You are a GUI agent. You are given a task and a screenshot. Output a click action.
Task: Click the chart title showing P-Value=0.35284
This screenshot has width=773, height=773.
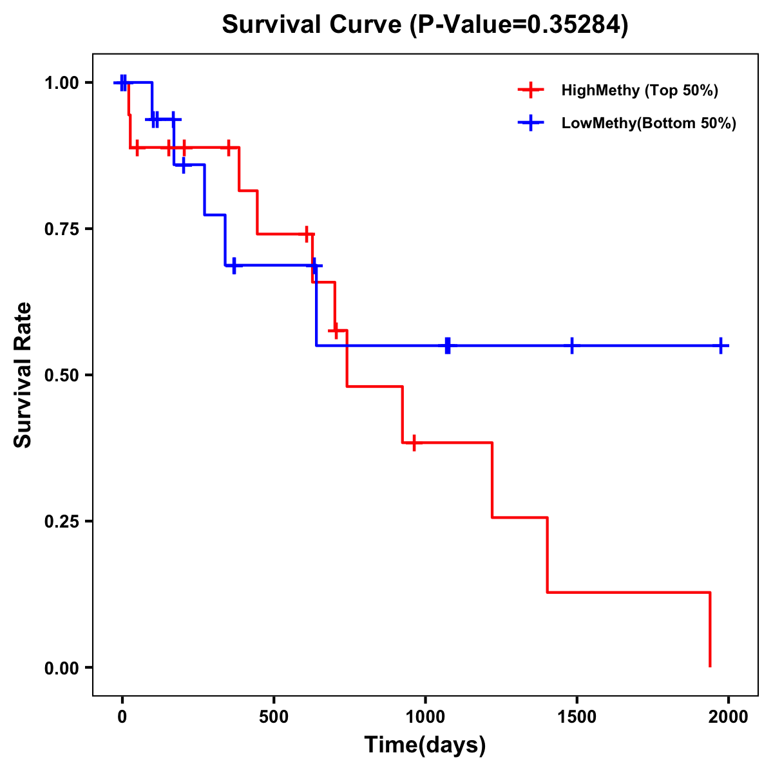point(425,25)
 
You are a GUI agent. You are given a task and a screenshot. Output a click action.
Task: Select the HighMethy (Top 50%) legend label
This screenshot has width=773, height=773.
point(640,90)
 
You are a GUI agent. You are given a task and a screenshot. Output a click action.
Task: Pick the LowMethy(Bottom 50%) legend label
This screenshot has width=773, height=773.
point(649,123)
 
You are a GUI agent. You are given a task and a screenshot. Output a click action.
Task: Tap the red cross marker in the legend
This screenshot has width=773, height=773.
point(531,90)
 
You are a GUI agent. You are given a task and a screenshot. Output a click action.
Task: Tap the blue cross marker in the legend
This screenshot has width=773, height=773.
point(531,123)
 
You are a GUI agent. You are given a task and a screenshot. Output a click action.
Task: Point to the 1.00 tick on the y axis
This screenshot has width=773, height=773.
point(61,83)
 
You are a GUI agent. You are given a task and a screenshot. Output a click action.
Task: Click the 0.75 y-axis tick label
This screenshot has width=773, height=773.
point(61,229)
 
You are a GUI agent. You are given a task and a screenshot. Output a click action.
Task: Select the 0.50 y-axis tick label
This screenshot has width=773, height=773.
point(61,376)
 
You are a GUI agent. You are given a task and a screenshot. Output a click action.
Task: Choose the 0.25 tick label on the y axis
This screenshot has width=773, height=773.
point(61,522)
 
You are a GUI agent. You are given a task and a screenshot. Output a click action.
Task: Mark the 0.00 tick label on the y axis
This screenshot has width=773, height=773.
point(61,668)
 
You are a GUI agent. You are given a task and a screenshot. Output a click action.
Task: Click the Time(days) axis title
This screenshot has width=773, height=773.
point(425,745)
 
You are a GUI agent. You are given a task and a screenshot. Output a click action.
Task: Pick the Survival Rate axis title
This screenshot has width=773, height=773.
point(23,374)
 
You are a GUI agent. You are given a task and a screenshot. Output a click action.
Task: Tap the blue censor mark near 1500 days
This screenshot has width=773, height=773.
point(571,345)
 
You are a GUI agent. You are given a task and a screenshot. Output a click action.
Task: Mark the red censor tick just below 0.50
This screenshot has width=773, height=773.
point(414,443)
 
